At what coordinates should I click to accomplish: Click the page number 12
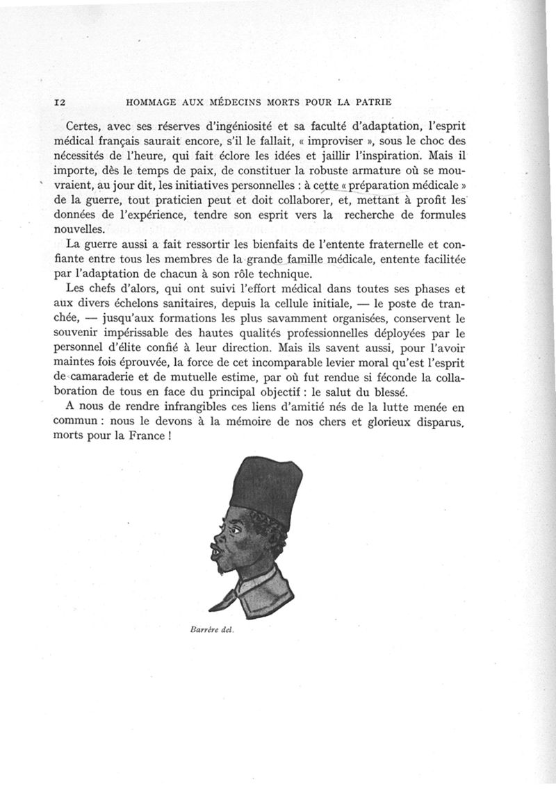pyautogui.click(x=59, y=102)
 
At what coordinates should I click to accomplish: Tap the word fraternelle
pyautogui.click(x=395, y=244)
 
